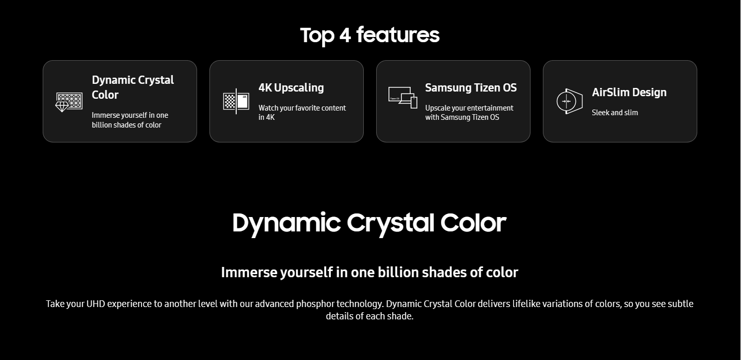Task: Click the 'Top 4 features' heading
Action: coord(370,35)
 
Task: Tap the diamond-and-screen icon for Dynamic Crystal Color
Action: coord(69,102)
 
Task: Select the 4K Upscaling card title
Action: coord(291,88)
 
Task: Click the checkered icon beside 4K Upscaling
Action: coord(236,101)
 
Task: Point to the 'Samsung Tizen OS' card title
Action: coord(471,87)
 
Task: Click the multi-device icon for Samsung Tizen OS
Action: coord(402,98)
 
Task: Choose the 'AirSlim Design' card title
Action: coord(629,93)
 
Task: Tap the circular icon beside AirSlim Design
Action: coord(569,101)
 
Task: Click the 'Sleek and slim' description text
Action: coord(614,113)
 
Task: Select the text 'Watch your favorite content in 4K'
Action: coord(302,113)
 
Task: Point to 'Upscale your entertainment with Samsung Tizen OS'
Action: coord(469,113)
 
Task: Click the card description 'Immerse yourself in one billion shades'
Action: coord(130,120)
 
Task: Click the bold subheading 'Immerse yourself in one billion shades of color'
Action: coord(369,273)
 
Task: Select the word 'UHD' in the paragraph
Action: coord(96,304)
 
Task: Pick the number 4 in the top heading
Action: coord(345,35)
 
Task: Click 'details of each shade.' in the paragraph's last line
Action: coord(369,316)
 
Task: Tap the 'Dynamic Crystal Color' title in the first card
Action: coord(133,87)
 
